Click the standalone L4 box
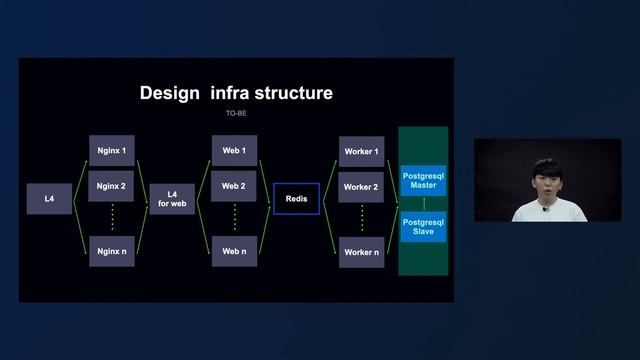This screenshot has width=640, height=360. point(49,199)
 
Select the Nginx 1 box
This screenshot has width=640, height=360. point(111,150)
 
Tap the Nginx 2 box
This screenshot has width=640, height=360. point(111,186)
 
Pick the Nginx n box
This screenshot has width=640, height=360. point(111,252)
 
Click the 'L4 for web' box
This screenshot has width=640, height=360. point(172,199)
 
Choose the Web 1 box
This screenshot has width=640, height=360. point(233,150)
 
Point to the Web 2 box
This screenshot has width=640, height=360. point(233,186)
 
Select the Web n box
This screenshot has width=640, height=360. point(233,252)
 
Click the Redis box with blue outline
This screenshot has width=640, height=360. point(296,199)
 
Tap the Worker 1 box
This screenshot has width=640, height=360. point(361,151)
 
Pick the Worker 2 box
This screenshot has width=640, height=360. point(361,187)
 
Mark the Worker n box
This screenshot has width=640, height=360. point(361,252)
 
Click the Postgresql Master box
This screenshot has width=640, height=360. point(423,180)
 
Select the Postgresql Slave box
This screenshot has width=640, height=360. point(423,226)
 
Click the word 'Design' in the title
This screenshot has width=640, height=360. point(171,93)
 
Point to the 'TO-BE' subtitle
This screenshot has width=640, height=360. point(236,114)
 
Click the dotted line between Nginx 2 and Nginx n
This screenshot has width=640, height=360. point(111,218)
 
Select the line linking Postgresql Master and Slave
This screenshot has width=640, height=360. point(423,203)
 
